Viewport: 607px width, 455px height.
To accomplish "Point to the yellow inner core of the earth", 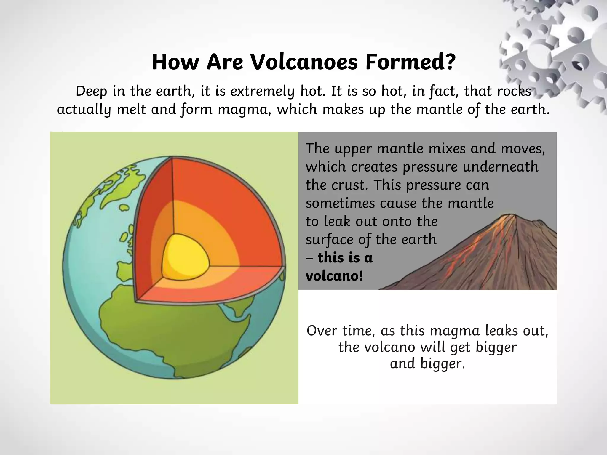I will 186,257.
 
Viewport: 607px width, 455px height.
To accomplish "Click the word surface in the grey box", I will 329,240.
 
